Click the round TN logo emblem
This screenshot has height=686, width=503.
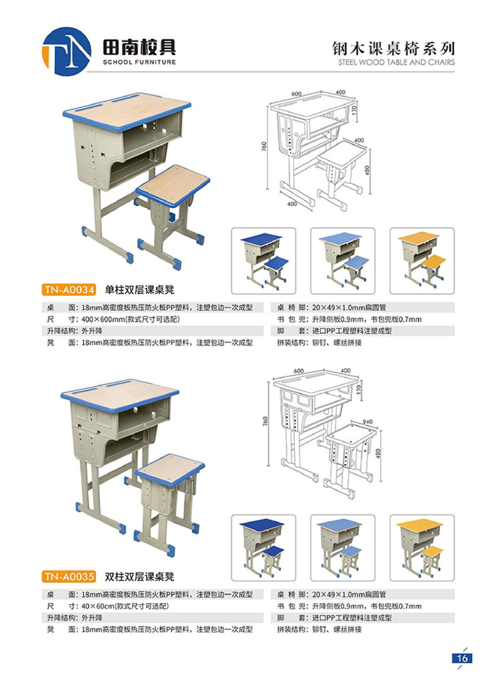click(x=67, y=48)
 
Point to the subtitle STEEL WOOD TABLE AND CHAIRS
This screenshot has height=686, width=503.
click(x=396, y=62)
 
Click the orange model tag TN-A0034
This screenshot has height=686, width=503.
click(x=70, y=290)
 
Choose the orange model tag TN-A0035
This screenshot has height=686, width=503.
click(x=70, y=575)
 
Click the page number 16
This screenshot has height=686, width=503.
click(x=462, y=658)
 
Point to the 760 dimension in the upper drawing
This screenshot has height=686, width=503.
click(x=265, y=147)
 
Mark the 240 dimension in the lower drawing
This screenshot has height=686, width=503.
click(x=368, y=422)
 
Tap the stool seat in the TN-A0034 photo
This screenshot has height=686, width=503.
click(x=173, y=182)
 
